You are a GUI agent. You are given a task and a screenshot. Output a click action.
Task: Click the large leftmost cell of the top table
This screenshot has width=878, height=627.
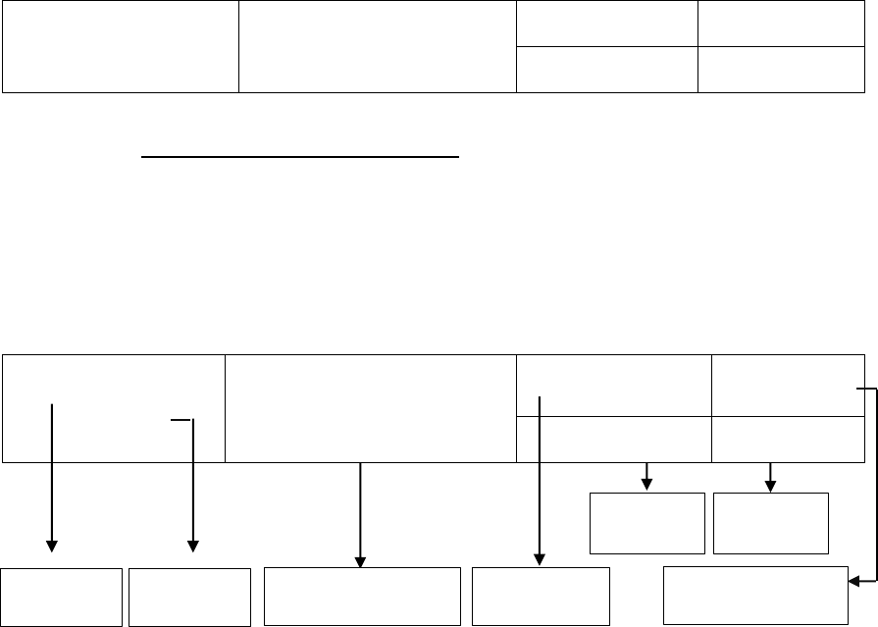click(121, 47)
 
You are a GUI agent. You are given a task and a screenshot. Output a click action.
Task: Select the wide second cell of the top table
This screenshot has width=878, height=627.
click(378, 47)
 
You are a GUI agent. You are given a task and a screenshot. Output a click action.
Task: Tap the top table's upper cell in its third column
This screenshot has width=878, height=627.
click(607, 24)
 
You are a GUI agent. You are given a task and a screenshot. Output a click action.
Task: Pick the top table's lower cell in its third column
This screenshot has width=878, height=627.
click(607, 69)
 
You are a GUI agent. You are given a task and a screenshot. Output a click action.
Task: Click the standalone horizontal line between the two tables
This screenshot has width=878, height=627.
click(301, 155)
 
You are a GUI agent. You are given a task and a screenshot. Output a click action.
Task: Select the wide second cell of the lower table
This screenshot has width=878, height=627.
click(371, 408)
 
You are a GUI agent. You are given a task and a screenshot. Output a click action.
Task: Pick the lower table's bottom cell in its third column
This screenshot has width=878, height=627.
click(613, 439)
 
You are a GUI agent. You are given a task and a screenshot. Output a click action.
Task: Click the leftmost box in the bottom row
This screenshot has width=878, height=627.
click(62, 596)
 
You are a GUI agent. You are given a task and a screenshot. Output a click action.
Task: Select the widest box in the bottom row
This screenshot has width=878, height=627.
click(363, 596)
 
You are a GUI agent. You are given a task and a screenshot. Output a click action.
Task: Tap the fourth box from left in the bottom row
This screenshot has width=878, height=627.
click(541, 596)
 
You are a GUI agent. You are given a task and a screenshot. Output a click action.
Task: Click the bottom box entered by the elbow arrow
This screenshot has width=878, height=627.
click(755, 595)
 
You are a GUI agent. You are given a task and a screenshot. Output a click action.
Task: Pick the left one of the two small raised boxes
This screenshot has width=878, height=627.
click(646, 523)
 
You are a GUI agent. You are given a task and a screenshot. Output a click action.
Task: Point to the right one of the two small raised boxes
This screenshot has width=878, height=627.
click(771, 523)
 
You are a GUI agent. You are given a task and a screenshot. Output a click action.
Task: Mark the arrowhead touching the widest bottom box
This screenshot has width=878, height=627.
click(361, 561)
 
